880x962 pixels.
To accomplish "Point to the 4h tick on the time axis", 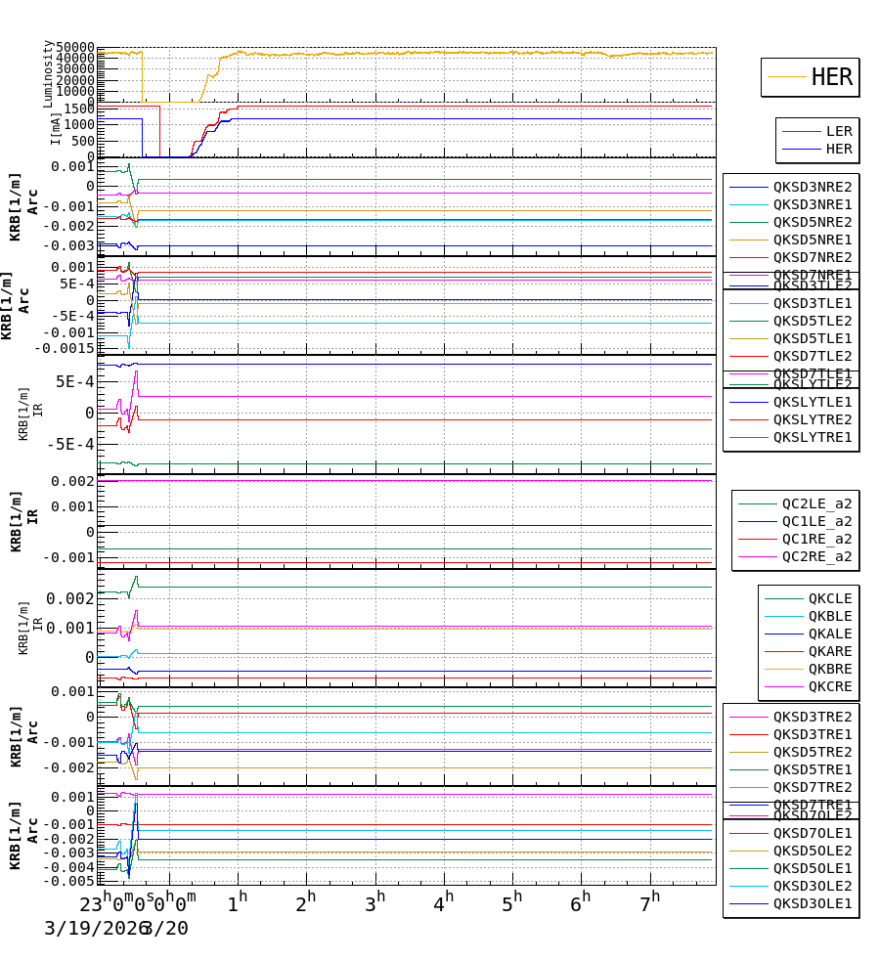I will (x=444, y=899).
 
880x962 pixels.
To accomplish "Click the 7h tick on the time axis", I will (x=649, y=899).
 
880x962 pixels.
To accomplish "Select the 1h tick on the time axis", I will (x=238, y=899).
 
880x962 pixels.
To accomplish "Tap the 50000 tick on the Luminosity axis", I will (x=75, y=48).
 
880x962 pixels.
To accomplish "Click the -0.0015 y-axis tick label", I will (x=65, y=348).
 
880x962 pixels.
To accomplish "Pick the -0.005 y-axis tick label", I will (x=71, y=881).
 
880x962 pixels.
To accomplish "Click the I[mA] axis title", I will (x=56, y=128).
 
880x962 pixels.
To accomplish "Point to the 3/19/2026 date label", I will (x=91, y=928).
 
